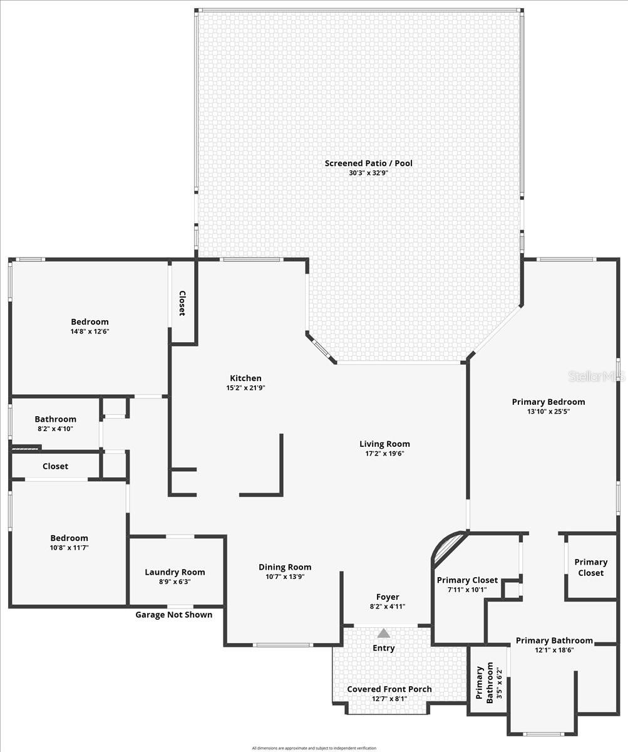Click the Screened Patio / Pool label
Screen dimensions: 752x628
tap(368, 163)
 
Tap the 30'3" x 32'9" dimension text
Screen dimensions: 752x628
tap(368, 173)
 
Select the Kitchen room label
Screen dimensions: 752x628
tap(245, 378)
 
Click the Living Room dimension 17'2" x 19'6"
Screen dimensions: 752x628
tap(384, 454)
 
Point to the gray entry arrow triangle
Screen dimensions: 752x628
tap(384, 634)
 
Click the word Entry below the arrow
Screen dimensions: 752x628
tap(384, 648)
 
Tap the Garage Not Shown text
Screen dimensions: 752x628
tap(174, 615)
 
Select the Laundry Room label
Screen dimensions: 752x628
tap(175, 572)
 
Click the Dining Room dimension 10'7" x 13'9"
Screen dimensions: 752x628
tap(285, 577)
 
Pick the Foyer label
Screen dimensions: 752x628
tap(388, 597)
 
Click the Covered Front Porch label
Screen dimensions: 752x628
tap(389, 689)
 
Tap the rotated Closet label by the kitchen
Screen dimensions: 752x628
tap(182, 303)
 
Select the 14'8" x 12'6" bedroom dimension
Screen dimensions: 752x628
tap(90, 332)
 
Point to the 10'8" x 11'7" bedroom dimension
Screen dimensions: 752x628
tap(69, 548)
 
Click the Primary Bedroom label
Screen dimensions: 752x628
tap(548, 402)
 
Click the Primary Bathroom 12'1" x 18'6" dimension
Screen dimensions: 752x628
tap(554, 650)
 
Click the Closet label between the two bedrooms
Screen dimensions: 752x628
tap(55, 466)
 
